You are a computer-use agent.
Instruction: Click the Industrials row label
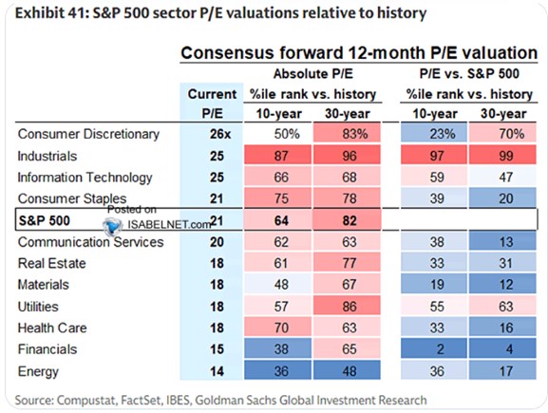pos(47,156)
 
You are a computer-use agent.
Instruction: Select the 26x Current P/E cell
pos(220,134)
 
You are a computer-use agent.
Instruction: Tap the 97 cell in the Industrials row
pos(437,156)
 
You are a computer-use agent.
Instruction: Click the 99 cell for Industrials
pos(505,156)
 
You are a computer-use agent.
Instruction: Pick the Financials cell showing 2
pos(441,349)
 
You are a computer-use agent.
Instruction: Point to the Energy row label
pos(38,371)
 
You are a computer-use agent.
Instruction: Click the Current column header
pos(212,94)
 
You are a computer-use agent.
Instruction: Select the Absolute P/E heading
pos(313,74)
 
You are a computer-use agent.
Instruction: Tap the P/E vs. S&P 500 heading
pos(469,74)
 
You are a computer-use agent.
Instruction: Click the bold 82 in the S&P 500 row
pos(350,220)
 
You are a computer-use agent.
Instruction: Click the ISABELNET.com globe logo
pos(113,225)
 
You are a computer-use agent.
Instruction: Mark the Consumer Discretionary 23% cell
pos(443,134)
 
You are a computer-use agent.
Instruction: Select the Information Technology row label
pos(85,178)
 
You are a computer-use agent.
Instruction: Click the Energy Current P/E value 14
pos(217,371)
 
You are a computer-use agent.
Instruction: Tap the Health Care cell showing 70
pos(281,328)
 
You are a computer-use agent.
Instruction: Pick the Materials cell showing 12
pos(505,285)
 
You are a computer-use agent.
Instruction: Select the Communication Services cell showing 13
pos(505,242)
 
